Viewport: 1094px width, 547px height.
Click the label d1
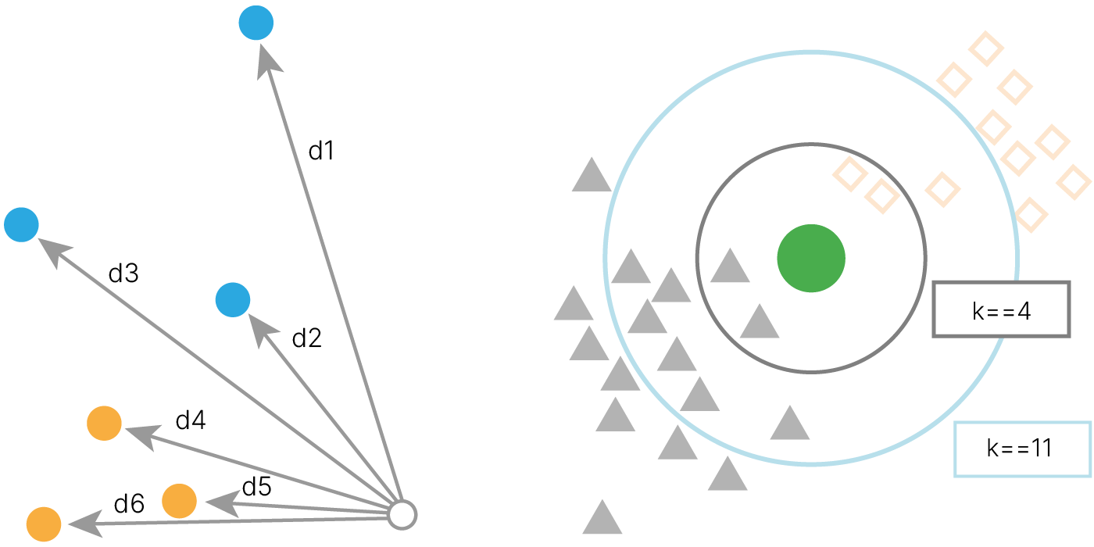click(321, 151)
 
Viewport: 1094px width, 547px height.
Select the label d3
click(123, 273)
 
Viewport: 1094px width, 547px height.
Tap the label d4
click(190, 420)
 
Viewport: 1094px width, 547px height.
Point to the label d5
click(256, 487)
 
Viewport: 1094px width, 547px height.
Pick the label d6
click(129, 504)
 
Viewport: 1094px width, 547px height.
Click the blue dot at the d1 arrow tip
click(256, 23)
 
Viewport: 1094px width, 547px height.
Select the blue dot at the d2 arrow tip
click(232, 300)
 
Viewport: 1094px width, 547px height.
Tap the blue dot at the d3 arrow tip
click(21, 225)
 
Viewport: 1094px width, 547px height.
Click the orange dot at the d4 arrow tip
click(104, 424)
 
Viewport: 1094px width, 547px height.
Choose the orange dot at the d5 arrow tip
click(179, 500)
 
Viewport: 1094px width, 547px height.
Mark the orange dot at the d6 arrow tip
click(44, 524)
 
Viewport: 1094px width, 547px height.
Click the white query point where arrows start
click(402, 515)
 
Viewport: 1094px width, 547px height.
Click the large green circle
click(811, 259)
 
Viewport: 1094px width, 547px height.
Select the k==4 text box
click(1001, 309)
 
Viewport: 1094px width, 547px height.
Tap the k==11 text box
click(1022, 449)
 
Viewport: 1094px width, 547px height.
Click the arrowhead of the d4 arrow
click(138, 434)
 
